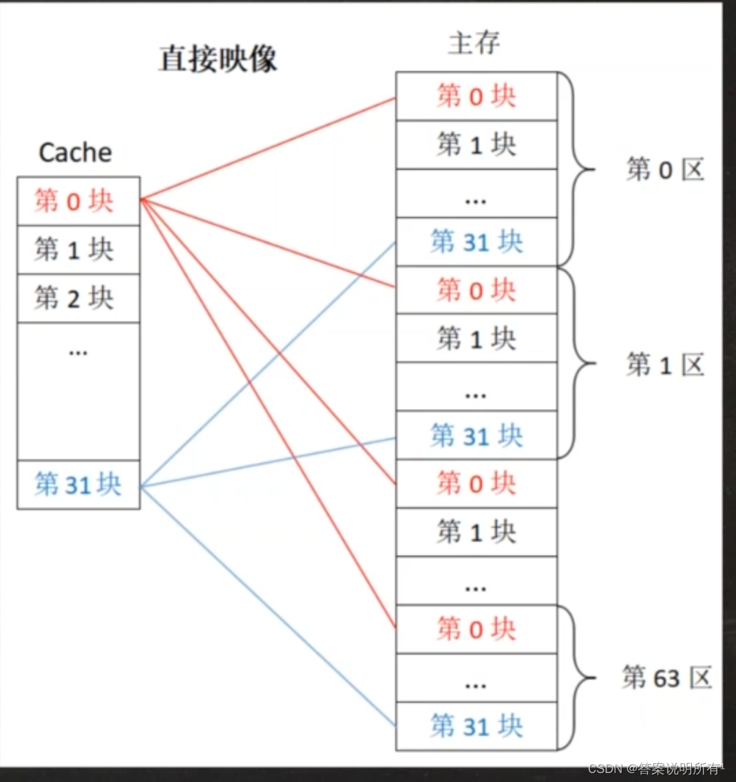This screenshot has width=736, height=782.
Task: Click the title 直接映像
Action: click(x=218, y=59)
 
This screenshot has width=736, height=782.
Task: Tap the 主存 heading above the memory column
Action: click(x=474, y=43)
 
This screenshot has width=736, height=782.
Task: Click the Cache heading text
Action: click(x=75, y=152)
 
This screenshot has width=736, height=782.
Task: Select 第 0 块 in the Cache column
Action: click(x=74, y=201)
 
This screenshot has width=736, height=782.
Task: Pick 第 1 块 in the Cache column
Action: click(x=74, y=249)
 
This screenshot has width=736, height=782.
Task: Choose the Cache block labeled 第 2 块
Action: click(x=74, y=298)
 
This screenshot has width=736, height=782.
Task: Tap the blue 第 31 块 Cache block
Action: click(x=78, y=485)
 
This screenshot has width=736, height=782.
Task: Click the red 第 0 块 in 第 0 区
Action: click(x=476, y=96)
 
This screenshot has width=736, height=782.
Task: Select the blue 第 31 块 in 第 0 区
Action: click(x=476, y=242)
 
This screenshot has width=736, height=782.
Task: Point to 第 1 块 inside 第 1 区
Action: click(x=476, y=339)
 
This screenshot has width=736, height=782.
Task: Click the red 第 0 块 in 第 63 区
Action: click(x=476, y=629)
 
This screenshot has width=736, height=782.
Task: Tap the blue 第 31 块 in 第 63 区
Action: click(x=476, y=726)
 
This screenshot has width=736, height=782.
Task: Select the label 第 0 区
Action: click(x=665, y=169)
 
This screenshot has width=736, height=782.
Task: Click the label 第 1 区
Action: click(x=665, y=364)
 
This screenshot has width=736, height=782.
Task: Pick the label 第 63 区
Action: click(x=666, y=678)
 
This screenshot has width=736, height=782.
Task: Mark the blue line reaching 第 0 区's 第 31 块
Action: click(x=269, y=363)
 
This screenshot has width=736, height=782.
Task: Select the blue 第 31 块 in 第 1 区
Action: click(x=476, y=436)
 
